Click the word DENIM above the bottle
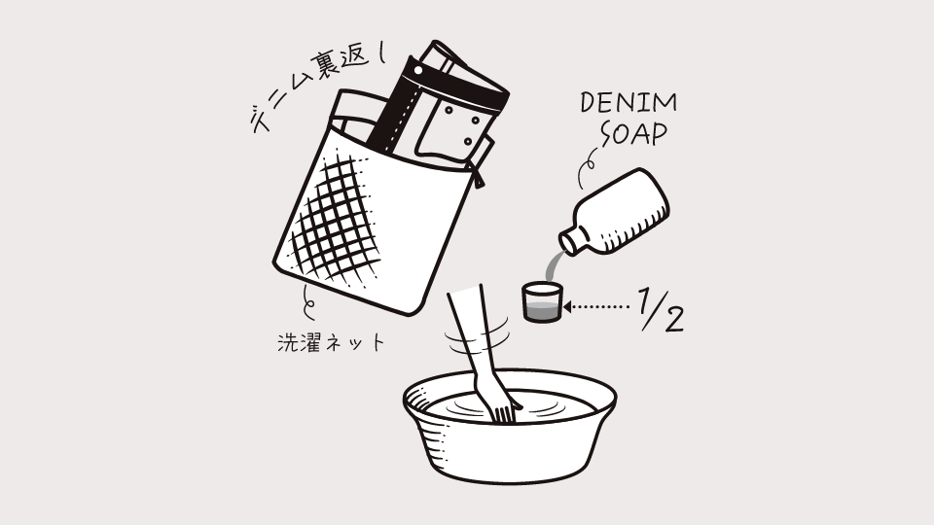tap(629, 103)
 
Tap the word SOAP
tap(633, 134)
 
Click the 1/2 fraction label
tap(661, 309)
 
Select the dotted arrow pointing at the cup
tap(595, 307)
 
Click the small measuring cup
tap(542, 302)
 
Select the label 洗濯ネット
tap(331, 343)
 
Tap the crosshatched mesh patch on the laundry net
tap(337, 221)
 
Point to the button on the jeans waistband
tap(418, 70)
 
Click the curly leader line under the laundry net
tap(308, 301)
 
